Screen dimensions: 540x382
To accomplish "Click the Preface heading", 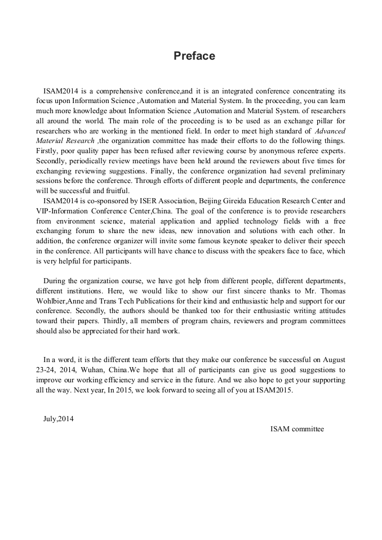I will click(194, 56).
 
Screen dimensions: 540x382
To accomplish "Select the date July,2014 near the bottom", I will click(59, 418).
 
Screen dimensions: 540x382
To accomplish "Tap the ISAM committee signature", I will click(297, 429).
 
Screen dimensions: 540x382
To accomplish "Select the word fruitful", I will click(117, 190).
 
